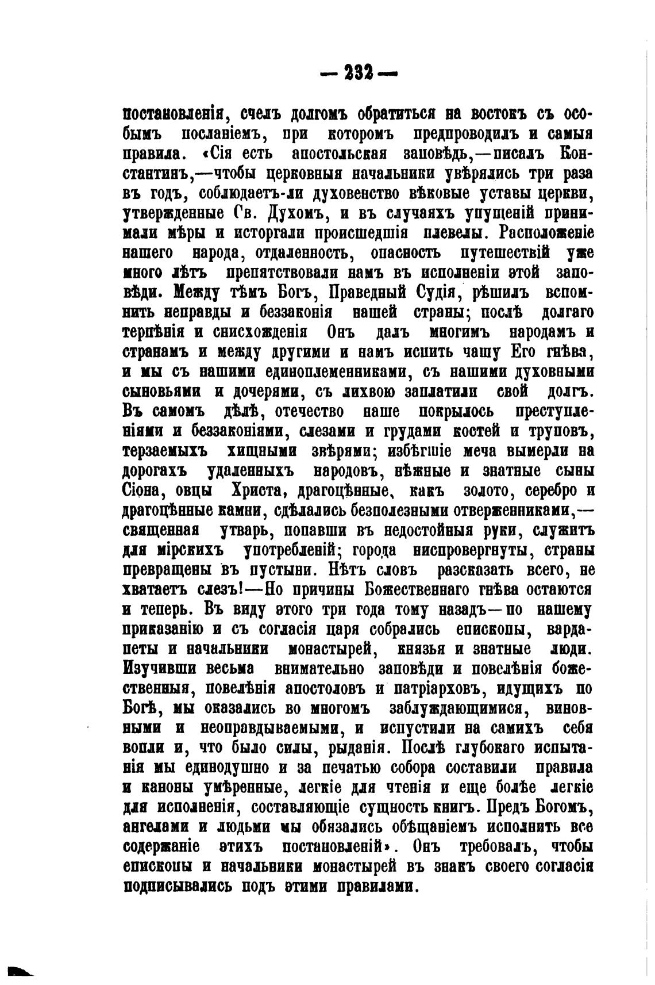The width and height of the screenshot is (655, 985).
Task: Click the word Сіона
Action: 147,491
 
